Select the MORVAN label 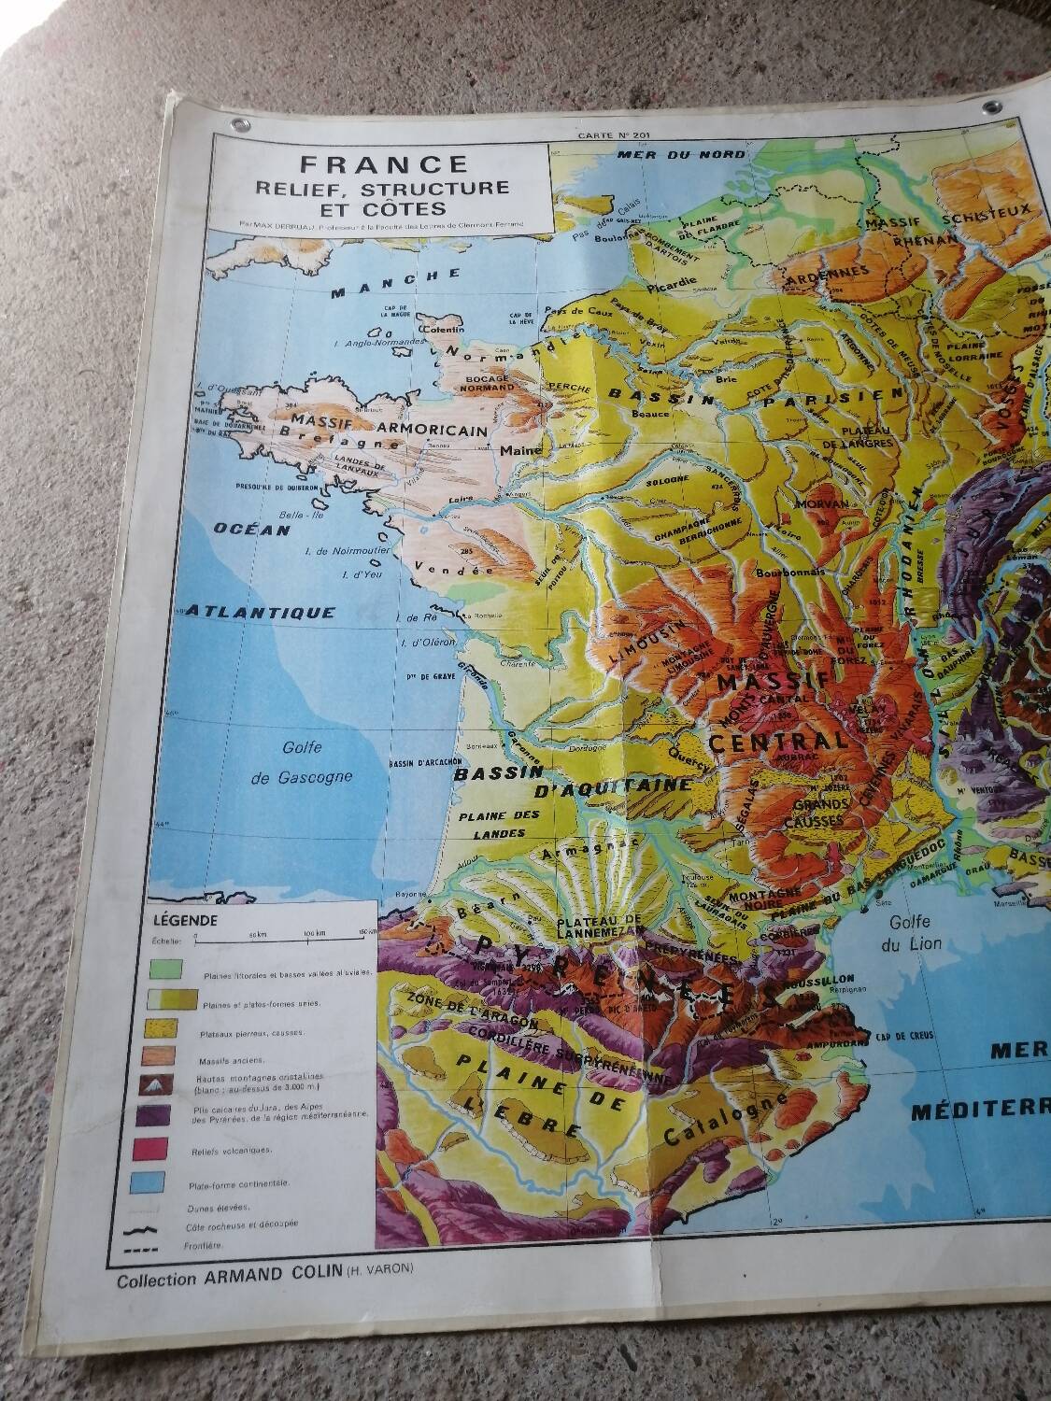click(x=822, y=503)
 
